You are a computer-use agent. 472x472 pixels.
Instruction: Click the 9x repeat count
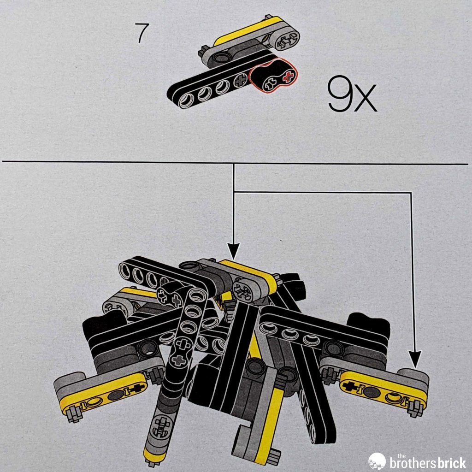[x=352, y=94]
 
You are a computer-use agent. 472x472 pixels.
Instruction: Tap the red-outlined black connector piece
[x=273, y=76]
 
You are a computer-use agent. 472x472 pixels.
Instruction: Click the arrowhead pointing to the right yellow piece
[x=415, y=360]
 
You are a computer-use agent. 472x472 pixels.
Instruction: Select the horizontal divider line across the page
[x=235, y=163]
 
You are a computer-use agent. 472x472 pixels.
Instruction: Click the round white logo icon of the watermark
[x=377, y=461]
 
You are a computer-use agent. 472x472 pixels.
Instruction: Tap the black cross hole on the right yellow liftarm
[x=351, y=386]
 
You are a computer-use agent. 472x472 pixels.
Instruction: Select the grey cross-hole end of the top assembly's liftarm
[x=286, y=41]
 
